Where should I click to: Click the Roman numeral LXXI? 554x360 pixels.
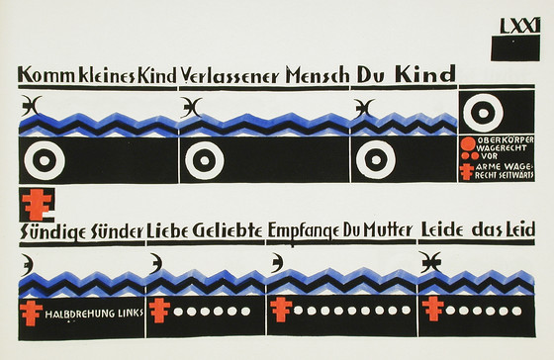(520, 25)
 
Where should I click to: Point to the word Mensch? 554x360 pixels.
(318, 75)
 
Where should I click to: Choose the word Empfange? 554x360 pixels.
(305, 231)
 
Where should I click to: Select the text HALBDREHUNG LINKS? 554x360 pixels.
(94, 314)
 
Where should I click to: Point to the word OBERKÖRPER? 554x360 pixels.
(506, 139)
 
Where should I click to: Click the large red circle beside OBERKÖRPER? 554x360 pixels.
(469, 143)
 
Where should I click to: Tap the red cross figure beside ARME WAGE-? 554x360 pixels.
(467, 172)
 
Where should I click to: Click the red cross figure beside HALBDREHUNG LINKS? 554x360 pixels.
(31, 313)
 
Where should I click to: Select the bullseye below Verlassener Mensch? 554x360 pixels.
(205, 160)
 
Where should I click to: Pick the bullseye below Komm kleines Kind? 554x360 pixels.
(45, 160)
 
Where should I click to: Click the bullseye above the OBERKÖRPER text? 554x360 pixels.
(483, 113)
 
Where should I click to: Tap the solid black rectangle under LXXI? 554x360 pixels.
(515, 47)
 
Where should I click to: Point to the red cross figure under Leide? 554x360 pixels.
(433, 310)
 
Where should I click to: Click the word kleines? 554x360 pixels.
(107, 75)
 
